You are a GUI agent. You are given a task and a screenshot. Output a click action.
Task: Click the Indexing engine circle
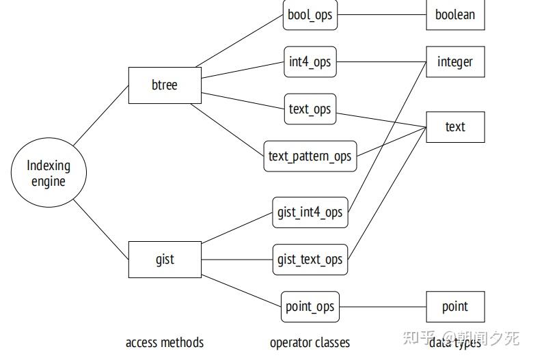click(x=48, y=174)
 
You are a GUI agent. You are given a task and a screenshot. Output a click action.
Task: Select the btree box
click(x=165, y=85)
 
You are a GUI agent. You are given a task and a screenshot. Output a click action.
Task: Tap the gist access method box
click(x=165, y=260)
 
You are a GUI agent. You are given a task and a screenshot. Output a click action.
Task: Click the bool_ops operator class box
click(x=310, y=15)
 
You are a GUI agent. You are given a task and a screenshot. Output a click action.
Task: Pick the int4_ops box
click(x=310, y=62)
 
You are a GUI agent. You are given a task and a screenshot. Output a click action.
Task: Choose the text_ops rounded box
click(x=310, y=109)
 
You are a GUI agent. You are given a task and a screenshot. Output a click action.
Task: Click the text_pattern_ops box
click(x=310, y=156)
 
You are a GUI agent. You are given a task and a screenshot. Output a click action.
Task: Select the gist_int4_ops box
click(x=310, y=212)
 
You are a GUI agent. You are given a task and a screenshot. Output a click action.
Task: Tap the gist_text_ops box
click(x=310, y=260)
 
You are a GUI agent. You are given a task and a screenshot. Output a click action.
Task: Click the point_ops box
click(x=310, y=307)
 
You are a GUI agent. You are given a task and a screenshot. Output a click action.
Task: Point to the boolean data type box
click(x=455, y=15)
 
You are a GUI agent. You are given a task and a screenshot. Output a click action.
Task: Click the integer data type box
click(x=455, y=62)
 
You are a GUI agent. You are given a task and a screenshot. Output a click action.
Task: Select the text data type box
click(x=455, y=126)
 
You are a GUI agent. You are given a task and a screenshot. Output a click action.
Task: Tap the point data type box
click(x=455, y=307)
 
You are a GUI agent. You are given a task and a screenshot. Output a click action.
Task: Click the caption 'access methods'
click(x=165, y=342)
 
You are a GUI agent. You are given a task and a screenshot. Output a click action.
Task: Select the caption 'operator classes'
click(x=310, y=342)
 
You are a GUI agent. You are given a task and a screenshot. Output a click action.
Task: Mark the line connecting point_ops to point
click(x=383, y=307)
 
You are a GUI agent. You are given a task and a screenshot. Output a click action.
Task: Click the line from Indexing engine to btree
click(x=101, y=115)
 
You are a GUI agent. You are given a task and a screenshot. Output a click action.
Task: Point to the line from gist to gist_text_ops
click(x=237, y=260)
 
